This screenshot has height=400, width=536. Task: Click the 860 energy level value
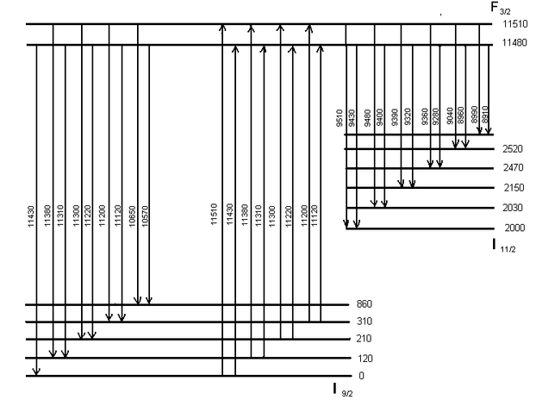coord(363,305)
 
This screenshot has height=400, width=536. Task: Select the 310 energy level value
coord(363,322)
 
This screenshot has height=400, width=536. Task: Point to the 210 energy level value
coord(363,340)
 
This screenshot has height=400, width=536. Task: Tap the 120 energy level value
coord(363,358)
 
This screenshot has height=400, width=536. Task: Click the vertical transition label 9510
coord(340,117)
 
